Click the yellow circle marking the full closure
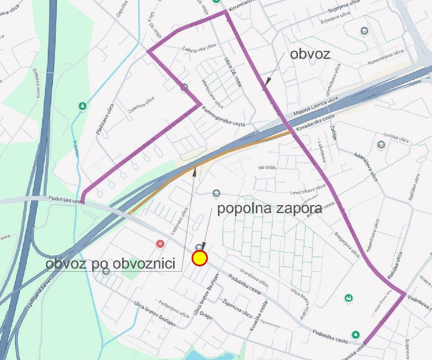pos(199,259)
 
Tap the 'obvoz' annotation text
pos(310,54)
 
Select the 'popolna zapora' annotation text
pos(269,209)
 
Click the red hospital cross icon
pos(160,244)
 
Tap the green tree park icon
pos(83,106)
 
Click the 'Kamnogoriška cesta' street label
pos(223,117)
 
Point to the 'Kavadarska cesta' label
pos(315,123)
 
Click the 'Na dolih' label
pos(267,168)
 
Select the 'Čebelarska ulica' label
pos(199,47)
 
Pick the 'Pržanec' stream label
pos(76,149)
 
